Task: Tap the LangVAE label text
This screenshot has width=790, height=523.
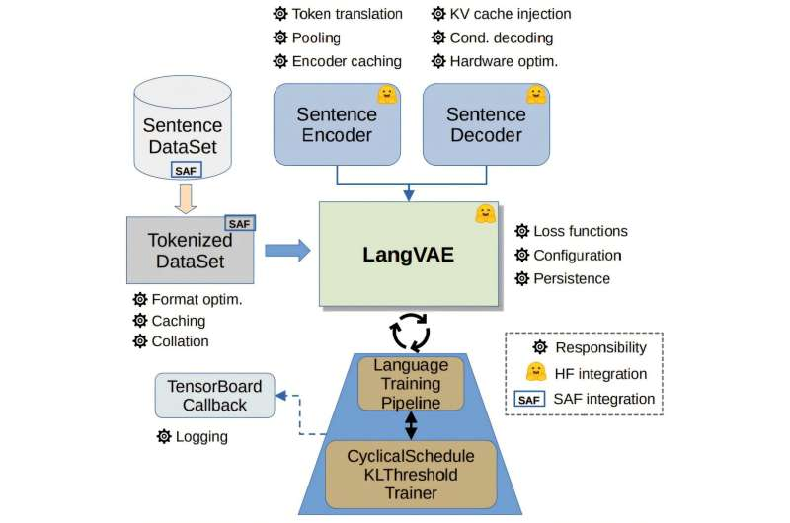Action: [x=408, y=254]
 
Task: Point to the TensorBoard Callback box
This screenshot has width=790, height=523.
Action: [x=214, y=395]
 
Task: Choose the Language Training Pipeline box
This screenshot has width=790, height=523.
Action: [x=411, y=383]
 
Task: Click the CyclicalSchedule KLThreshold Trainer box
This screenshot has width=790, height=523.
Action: [x=411, y=475]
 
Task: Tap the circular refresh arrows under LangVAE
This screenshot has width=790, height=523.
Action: [x=411, y=333]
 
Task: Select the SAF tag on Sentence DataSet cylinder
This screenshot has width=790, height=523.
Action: [x=186, y=171]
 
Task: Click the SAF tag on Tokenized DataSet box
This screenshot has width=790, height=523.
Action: [x=240, y=223]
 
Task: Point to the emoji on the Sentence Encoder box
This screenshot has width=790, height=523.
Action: [x=386, y=96]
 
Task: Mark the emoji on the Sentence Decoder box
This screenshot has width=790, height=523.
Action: [x=536, y=96]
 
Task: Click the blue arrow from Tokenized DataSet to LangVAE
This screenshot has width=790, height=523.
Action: [x=287, y=251]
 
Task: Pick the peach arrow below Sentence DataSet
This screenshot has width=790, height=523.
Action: [x=186, y=198]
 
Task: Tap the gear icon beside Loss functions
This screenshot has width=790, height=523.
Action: [x=521, y=231]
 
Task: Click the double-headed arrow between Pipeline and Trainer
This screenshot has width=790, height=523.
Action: [x=411, y=424]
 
